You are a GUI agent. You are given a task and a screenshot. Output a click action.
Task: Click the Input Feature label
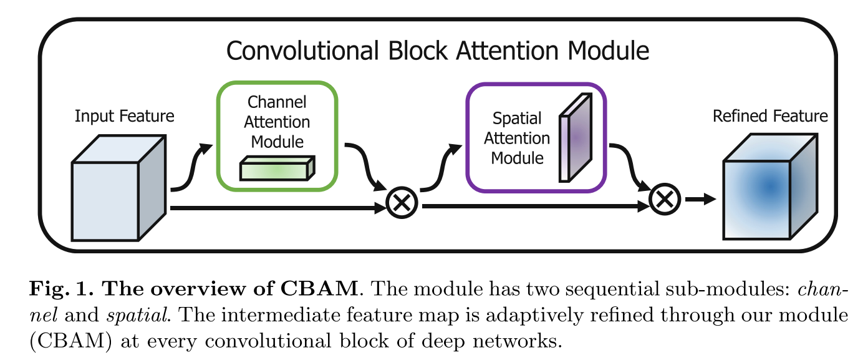[124, 116]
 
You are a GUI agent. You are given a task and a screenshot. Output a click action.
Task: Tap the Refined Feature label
[770, 116]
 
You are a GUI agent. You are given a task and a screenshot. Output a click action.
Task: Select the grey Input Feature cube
[115, 197]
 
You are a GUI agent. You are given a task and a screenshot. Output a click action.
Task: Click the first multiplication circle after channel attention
[402, 203]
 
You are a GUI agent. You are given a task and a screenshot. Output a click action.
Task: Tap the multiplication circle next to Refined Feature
[665, 200]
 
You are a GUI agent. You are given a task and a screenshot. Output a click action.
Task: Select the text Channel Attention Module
[277, 122]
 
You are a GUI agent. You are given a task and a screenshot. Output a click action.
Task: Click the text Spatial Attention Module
[517, 138]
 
